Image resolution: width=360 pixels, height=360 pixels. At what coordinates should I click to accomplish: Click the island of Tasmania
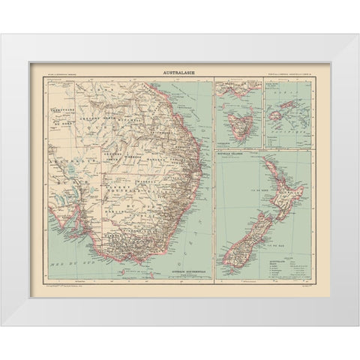tap(230, 123)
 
